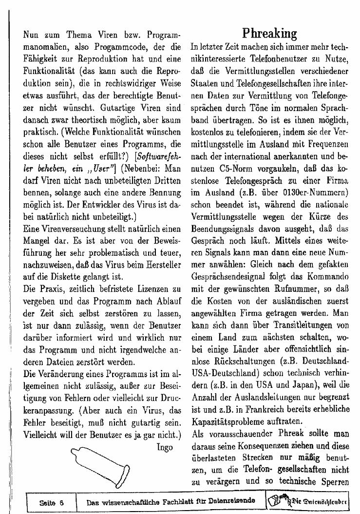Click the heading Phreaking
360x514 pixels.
click(x=269, y=33)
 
